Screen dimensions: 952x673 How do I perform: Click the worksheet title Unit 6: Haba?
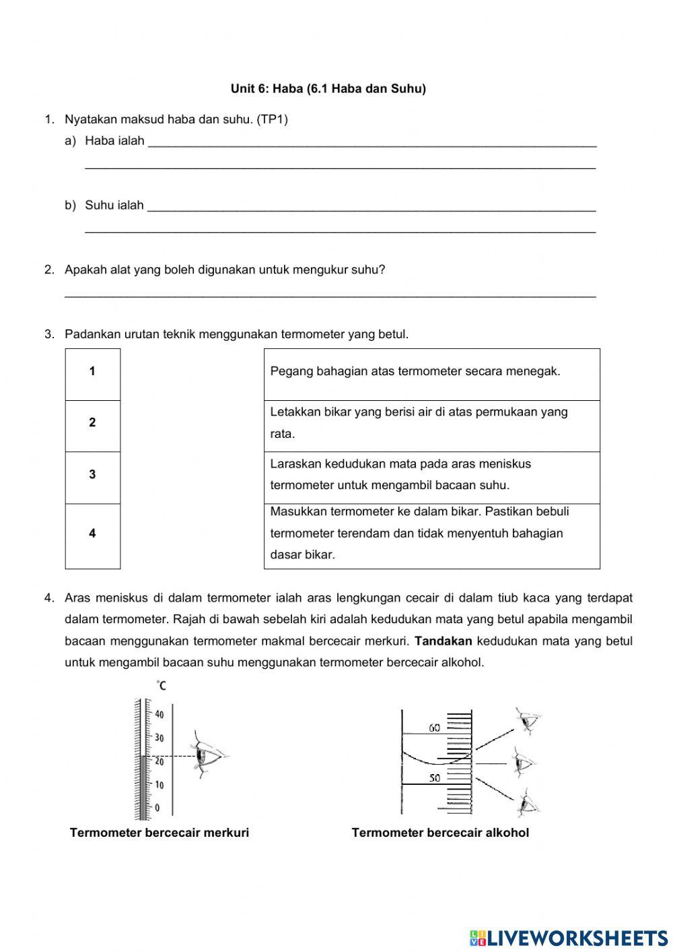point(328,89)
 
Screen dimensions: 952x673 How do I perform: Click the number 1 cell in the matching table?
point(92,371)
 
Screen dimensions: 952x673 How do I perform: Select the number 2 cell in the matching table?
point(92,423)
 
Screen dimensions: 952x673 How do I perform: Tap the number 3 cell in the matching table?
point(92,475)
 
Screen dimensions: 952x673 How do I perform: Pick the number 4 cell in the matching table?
point(92,534)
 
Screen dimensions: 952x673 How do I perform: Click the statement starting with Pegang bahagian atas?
point(415,371)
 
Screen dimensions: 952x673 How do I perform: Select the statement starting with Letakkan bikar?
point(419,422)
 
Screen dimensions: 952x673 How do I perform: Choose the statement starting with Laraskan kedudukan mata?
point(400,474)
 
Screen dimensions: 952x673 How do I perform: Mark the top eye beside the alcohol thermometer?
point(527,721)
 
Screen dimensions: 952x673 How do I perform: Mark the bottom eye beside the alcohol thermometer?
point(528,803)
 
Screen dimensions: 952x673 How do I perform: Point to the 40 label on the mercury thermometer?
point(160,714)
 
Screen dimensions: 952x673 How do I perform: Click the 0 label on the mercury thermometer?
point(157,807)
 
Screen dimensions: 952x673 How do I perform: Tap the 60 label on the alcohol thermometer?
point(435,728)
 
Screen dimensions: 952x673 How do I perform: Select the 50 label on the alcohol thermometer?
point(435,778)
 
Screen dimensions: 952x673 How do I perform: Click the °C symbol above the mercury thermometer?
point(162,686)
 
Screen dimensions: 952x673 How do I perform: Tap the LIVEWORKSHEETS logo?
point(569,937)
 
